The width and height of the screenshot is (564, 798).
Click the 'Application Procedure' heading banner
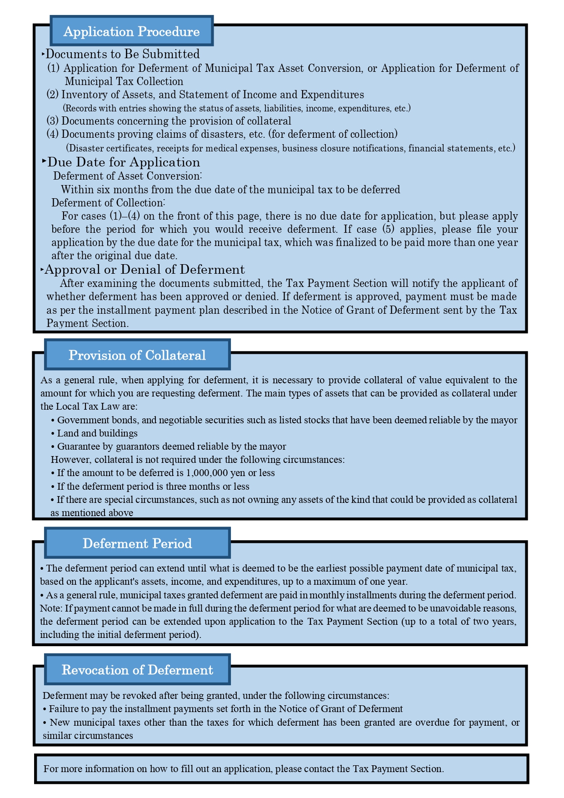[x=131, y=31]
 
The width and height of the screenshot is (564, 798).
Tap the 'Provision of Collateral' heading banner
[x=137, y=355]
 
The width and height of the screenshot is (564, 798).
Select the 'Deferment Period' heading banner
[x=137, y=543]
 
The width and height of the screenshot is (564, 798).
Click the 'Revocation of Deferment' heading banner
[x=137, y=670]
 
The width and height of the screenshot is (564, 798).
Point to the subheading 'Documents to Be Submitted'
[x=123, y=54]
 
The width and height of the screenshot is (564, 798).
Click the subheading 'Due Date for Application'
[x=124, y=162]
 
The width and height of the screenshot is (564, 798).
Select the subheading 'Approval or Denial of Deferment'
[x=145, y=270]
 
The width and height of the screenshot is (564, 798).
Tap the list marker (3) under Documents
[x=53, y=121]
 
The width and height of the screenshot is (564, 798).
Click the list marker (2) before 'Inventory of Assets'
[x=53, y=95]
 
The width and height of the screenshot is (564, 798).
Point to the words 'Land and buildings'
[x=97, y=433]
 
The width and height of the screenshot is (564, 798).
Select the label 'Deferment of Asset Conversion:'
[x=128, y=176]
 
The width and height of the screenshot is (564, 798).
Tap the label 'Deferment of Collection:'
[x=108, y=203]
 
